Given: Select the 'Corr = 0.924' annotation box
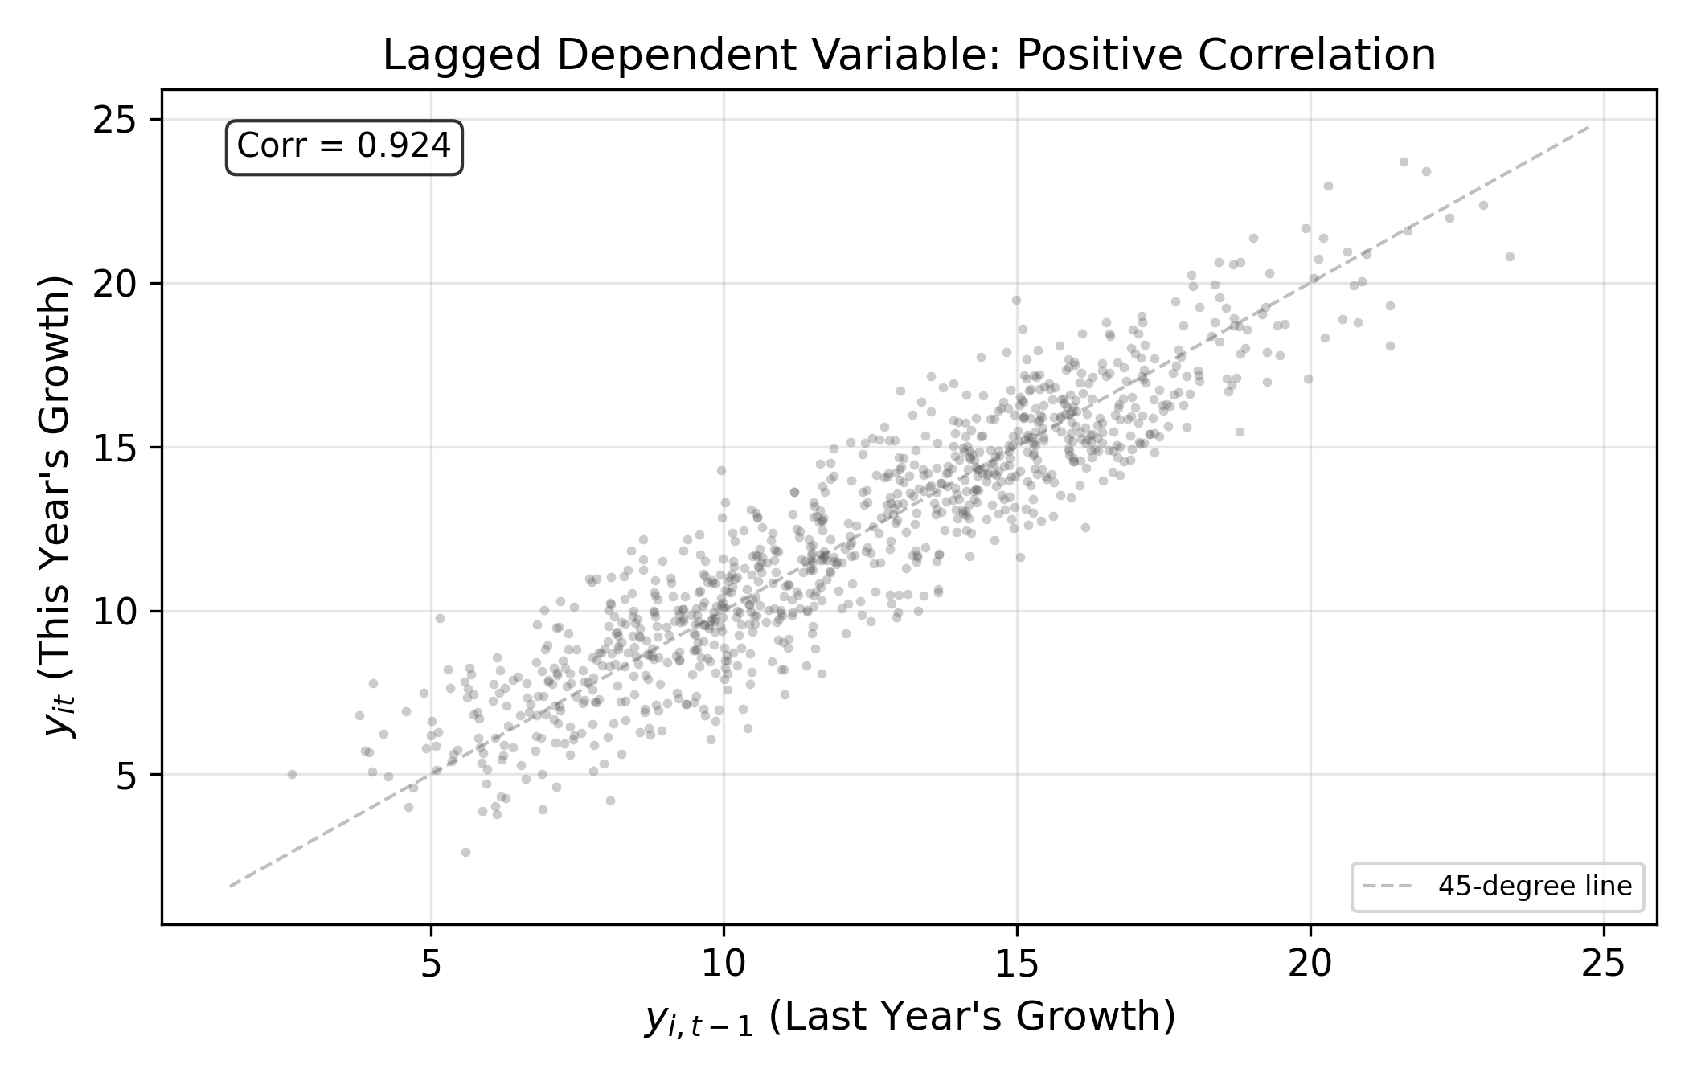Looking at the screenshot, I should click(x=344, y=147).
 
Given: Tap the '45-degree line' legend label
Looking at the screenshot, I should click(x=1535, y=887).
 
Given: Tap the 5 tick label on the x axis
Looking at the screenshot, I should click(x=431, y=965).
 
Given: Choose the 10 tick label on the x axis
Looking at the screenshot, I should click(x=724, y=965).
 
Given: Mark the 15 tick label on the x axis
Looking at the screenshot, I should click(x=1017, y=965).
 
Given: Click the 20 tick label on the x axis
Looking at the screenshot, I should click(x=1310, y=965).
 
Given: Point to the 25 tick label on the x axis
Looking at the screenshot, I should click(x=1604, y=965).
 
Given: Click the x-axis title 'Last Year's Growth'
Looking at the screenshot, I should click(x=973, y=1017).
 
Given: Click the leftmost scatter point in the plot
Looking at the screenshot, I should click(x=292, y=774).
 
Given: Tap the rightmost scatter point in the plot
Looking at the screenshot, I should click(x=1510, y=256).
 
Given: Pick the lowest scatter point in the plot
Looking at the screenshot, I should click(x=465, y=852).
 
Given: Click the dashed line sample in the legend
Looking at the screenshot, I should click(x=1388, y=887).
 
